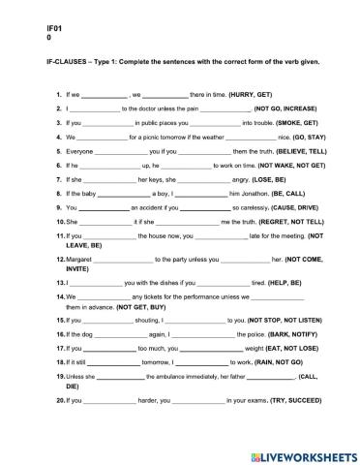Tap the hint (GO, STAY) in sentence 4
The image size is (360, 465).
pos(285,138)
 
